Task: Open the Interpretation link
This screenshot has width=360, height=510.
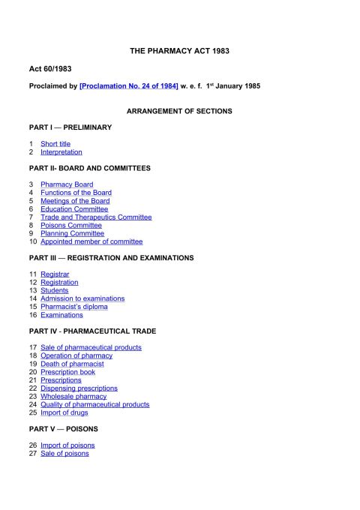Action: pos(61,151)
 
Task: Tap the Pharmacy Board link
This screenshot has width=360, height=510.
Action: pos(67,184)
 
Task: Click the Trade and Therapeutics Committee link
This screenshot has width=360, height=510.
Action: pos(96,217)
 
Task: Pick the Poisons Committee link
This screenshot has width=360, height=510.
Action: pos(71,225)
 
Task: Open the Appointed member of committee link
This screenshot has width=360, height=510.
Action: pos(91,241)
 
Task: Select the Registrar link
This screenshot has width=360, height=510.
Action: pos(55,274)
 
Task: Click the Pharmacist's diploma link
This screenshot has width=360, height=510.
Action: pos(73,307)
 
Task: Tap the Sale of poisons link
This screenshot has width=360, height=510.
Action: pos(64,453)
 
